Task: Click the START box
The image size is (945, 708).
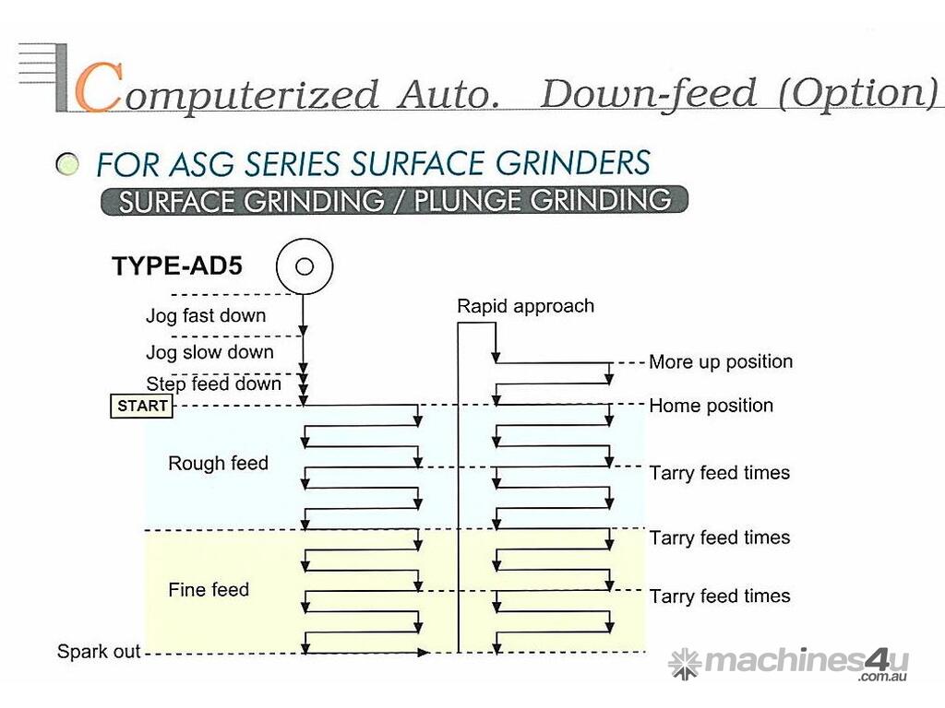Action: (x=141, y=406)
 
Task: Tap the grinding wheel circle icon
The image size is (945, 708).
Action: (x=304, y=267)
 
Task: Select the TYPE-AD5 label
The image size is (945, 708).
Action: (x=177, y=267)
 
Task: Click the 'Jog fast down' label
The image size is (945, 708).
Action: (x=205, y=315)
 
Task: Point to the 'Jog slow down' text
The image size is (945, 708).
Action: (x=209, y=352)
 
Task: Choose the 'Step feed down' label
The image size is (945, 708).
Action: (x=213, y=383)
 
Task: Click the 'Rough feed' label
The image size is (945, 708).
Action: (x=218, y=463)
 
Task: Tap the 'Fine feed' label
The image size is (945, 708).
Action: (x=209, y=589)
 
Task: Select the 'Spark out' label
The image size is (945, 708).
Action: (x=99, y=652)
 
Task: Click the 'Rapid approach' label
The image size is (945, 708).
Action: (x=525, y=306)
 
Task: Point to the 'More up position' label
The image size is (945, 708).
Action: (x=720, y=361)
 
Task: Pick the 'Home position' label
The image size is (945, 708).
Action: (x=711, y=406)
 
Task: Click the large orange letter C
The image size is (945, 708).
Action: (x=96, y=88)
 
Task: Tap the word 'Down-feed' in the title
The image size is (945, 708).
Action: (x=648, y=94)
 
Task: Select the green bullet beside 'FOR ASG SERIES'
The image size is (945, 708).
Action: (x=66, y=166)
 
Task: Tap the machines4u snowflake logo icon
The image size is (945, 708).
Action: (x=685, y=663)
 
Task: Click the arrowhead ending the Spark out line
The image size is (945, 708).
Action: (x=424, y=653)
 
